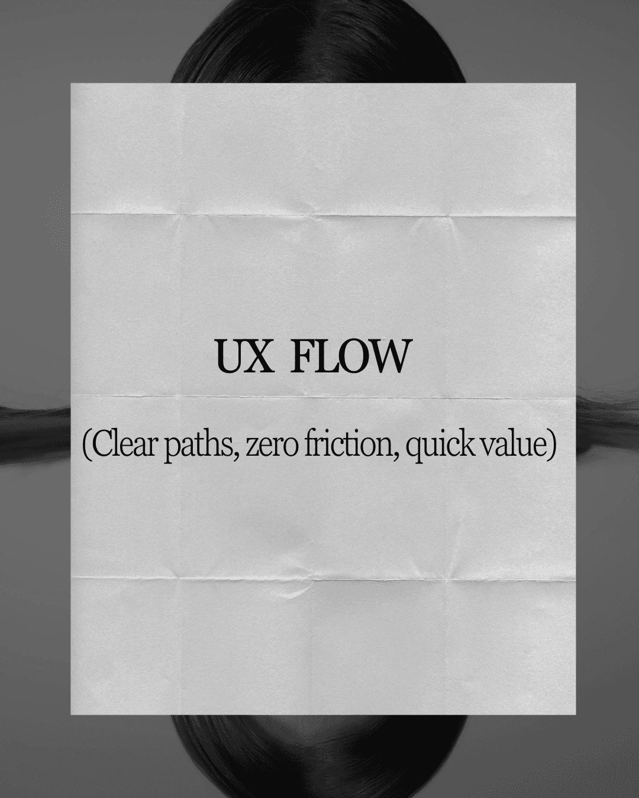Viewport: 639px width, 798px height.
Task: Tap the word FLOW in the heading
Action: (x=350, y=356)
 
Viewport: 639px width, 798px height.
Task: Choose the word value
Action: (x=516, y=445)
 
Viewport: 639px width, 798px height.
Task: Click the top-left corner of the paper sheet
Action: (x=71, y=84)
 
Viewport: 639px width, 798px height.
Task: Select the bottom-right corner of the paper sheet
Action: (x=575, y=713)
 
